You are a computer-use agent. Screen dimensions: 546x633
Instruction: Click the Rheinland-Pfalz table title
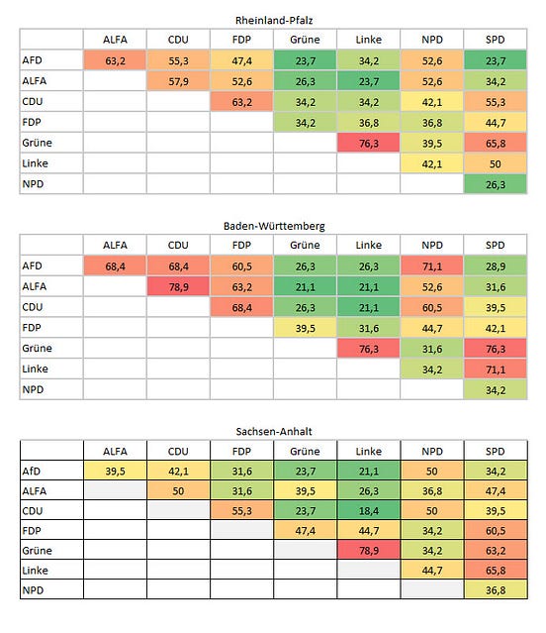click(274, 20)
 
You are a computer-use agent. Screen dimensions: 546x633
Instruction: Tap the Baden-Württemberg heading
click(274, 226)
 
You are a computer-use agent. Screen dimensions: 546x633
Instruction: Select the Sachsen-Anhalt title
click(274, 432)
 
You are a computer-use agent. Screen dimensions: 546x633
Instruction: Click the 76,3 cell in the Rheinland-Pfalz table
click(368, 144)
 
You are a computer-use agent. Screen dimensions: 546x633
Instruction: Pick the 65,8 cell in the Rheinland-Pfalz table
click(496, 144)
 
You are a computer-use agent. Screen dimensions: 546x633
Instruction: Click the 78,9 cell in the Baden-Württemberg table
click(178, 287)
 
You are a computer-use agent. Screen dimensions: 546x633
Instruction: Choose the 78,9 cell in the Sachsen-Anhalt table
click(368, 550)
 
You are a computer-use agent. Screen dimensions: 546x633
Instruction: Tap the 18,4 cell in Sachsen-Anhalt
click(368, 511)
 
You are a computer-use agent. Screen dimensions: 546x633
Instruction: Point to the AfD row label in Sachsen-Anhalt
click(32, 472)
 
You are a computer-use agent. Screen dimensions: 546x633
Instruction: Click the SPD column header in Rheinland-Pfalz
click(496, 40)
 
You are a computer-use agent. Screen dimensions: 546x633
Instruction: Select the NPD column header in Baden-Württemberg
click(432, 245)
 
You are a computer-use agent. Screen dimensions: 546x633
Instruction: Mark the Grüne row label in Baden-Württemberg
click(37, 348)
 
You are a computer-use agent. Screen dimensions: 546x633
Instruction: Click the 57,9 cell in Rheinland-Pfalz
click(178, 81)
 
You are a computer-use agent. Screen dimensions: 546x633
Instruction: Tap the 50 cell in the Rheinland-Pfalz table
click(496, 163)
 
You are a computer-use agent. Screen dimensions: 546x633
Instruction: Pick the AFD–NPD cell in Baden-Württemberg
click(432, 266)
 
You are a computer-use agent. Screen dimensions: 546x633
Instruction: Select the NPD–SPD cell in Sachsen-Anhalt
click(496, 589)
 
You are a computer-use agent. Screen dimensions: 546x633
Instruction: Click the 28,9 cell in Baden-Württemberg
click(496, 266)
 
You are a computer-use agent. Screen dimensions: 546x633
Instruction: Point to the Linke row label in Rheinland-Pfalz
click(35, 163)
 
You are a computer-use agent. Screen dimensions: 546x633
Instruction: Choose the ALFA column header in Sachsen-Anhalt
click(115, 451)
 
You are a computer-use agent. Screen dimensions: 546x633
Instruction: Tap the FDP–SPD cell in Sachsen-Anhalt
click(496, 530)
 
